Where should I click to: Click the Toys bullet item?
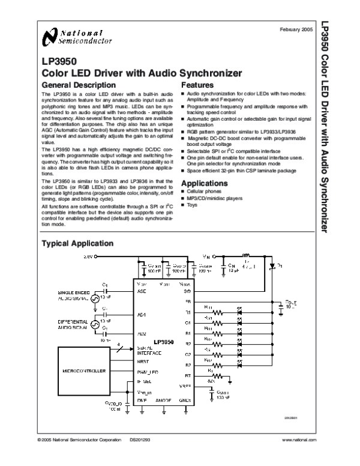pos(192,205)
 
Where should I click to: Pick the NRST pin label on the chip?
pos(143,362)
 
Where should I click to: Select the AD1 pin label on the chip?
pos(142,314)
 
